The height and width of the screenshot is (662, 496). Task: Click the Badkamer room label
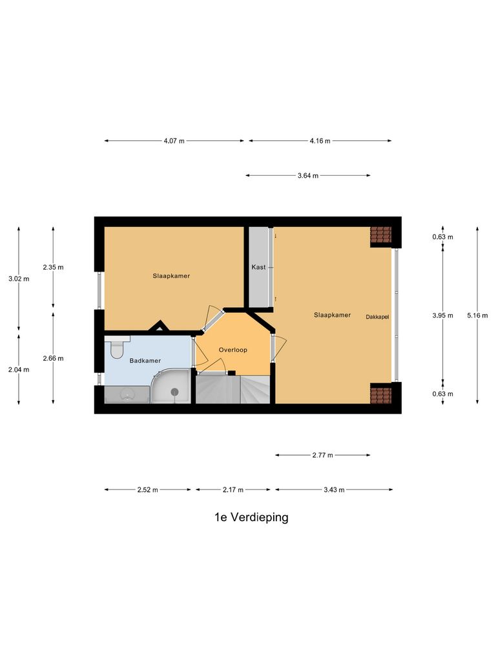(x=145, y=361)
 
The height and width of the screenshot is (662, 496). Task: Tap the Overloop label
(x=233, y=350)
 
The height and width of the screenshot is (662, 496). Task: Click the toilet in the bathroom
(x=117, y=349)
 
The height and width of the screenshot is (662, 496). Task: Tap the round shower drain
(x=174, y=391)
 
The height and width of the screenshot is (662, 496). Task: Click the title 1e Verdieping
(x=251, y=517)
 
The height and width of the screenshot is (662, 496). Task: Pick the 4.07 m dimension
(x=174, y=141)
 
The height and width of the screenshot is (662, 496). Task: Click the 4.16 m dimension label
(x=320, y=141)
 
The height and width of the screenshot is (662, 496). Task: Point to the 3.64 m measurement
(x=308, y=175)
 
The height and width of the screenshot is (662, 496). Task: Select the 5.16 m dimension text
(x=477, y=316)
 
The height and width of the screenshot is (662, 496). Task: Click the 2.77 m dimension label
(x=322, y=455)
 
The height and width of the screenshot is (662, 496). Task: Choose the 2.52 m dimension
(x=148, y=490)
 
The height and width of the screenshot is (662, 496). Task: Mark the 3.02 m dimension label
(x=18, y=279)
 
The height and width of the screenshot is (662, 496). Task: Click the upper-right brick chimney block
(x=381, y=235)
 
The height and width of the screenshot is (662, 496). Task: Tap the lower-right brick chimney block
(x=381, y=393)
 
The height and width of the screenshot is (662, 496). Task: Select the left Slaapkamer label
(x=171, y=276)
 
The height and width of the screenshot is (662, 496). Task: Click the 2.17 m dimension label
(x=233, y=490)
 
